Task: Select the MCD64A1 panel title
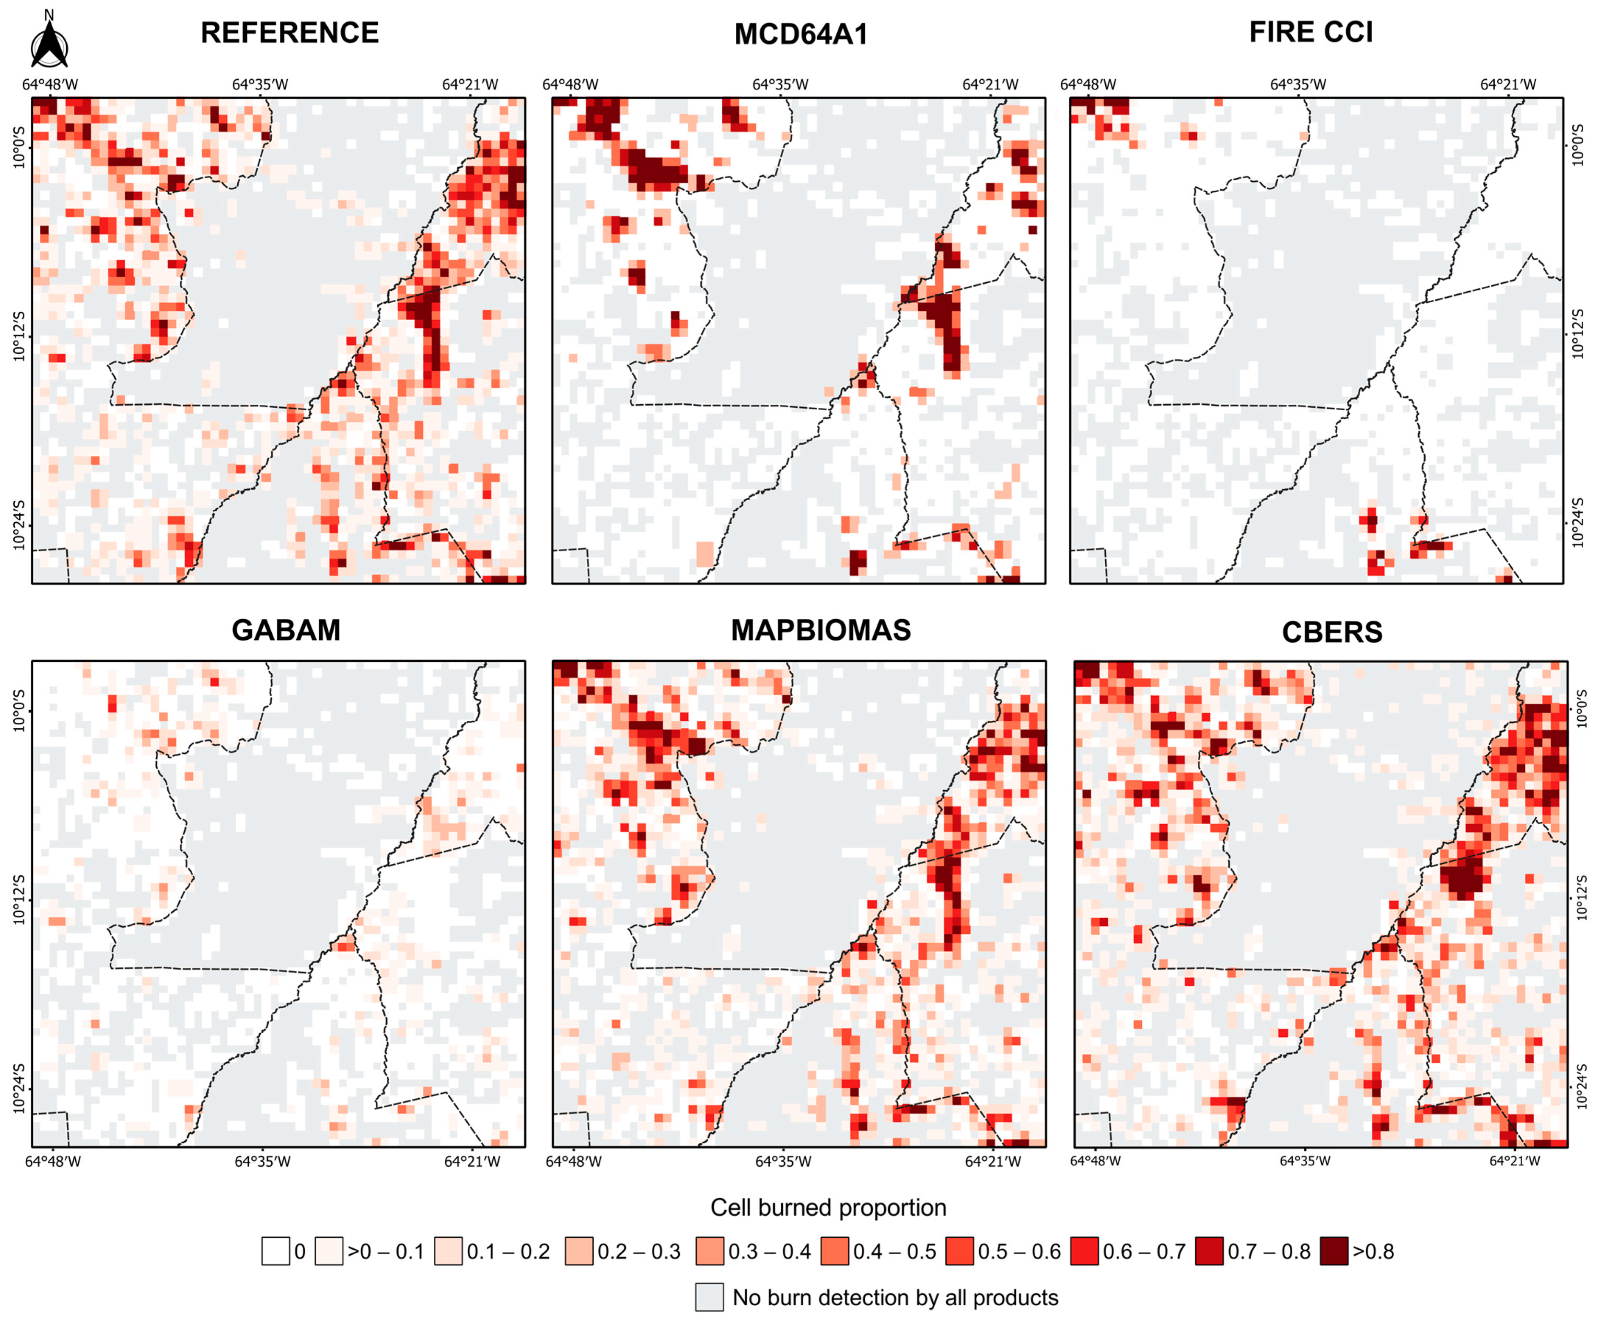pos(801,34)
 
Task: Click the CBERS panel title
pos(1332,632)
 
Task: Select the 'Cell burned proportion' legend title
pos(827,1208)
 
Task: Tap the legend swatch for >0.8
pos(1334,1252)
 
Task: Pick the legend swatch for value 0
pos(275,1252)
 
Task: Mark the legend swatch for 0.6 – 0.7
pos(1084,1252)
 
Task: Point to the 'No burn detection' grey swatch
pos(709,1297)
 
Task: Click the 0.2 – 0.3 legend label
pos(639,1252)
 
